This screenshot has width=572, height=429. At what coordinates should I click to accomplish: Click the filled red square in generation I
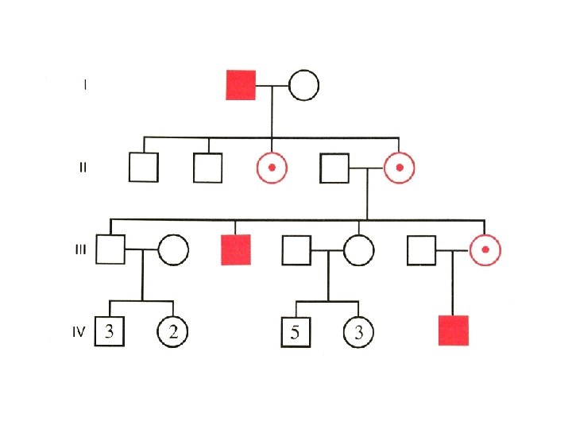pos(241,85)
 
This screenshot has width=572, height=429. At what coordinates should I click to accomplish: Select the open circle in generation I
pos(303,85)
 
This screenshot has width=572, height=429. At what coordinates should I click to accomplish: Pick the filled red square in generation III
pos(236,249)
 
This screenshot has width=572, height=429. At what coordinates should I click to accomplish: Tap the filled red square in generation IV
pos(454,330)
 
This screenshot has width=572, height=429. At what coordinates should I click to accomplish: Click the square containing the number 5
pos(296,332)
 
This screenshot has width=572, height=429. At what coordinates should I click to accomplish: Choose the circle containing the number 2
pos(172,332)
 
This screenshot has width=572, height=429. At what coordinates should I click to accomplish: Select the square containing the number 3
pos(110,332)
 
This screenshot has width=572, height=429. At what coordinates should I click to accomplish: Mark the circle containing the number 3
pos(359,332)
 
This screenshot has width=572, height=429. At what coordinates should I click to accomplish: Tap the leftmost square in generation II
pos(143,168)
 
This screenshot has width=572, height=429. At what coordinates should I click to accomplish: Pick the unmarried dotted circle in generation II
pos(272,168)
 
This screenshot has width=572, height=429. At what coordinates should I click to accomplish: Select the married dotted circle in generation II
pos(399,168)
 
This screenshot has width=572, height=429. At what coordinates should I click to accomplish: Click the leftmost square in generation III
pos(110,249)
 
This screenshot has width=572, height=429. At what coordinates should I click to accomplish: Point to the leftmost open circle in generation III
pos(173,249)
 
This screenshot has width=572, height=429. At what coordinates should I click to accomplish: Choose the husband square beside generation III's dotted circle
pos(422,249)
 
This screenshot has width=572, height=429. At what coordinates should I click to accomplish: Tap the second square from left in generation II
pos(208,168)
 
